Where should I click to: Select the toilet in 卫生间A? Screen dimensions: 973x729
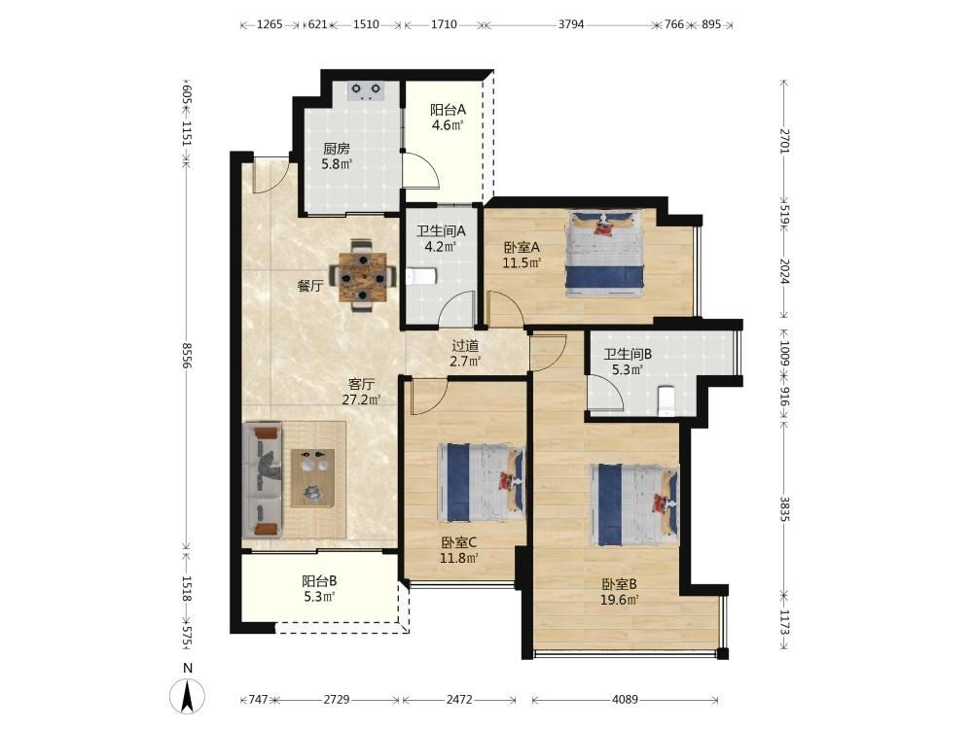point(422,276)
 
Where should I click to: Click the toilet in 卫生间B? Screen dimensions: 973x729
point(666,400)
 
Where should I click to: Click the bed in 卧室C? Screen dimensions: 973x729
point(482,482)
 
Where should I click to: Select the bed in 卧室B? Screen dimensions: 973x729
point(634,505)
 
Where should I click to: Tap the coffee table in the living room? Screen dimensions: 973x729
point(312,478)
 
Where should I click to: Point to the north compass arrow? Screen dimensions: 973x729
point(188,696)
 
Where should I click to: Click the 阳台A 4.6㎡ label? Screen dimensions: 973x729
point(448,118)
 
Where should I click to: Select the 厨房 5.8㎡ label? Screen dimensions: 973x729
point(337,156)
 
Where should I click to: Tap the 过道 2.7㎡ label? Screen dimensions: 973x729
point(465,354)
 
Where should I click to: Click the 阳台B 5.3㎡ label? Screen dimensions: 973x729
point(319,589)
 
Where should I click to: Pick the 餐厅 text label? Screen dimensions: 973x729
point(309,286)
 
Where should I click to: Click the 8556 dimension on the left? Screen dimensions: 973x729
point(186,355)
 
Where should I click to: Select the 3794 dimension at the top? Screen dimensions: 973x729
point(571,24)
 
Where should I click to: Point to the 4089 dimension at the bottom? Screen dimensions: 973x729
point(625,699)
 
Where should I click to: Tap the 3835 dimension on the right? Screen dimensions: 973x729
point(785,508)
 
